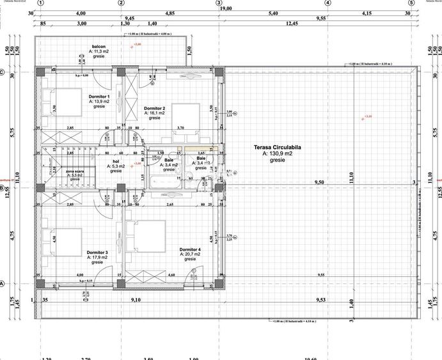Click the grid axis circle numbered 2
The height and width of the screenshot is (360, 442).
click(x=122, y=3)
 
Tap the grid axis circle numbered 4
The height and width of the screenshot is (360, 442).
click(x=328, y=3)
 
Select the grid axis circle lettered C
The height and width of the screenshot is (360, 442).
click(x=3, y=72)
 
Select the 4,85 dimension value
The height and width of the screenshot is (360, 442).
click(x=170, y=13)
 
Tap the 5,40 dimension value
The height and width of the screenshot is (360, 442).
click(x=273, y=13)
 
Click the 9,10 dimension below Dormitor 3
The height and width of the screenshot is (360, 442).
click(x=136, y=299)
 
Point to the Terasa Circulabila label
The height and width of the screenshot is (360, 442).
click(x=278, y=147)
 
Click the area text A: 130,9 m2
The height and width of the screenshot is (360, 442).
click(x=278, y=153)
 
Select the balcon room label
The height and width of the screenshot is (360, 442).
click(x=99, y=47)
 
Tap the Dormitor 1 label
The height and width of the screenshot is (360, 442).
click(x=99, y=97)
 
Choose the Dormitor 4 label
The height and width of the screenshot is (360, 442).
click(x=190, y=249)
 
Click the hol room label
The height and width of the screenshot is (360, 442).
click(x=116, y=162)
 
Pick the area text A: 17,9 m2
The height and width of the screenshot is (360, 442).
click(x=97, y=257)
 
